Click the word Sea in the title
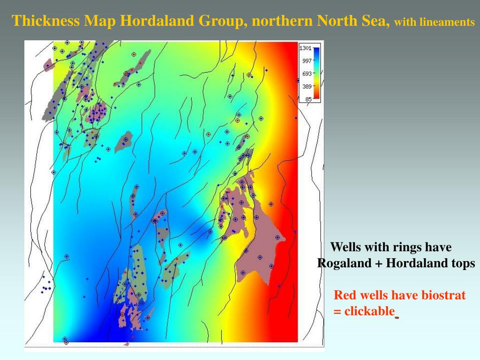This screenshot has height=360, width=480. (x=379, y=21)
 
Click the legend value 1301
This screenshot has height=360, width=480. (x=305, y=48)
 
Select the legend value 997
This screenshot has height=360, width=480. (x=307, y=61)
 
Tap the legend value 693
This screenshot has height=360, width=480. (x=307, y=74)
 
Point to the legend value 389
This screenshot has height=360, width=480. (x=307, y=86)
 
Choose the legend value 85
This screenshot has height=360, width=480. (x=308, y=99)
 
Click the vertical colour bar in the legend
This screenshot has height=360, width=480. (x=317, y=74)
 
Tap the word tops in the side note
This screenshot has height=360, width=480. (x=463, y=263)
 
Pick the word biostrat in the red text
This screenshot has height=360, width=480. (x=443, y=295)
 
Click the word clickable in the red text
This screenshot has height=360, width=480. (x=369, y=311)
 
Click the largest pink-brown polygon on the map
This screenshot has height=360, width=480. (x=255, y=244)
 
